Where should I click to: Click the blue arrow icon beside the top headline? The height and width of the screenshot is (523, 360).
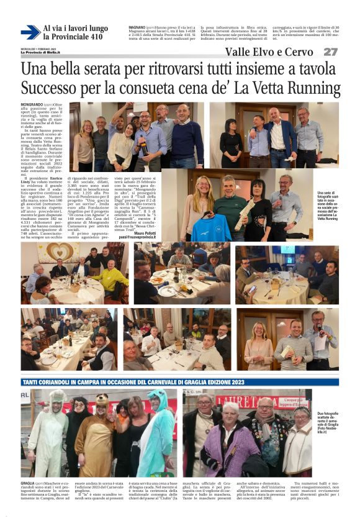pyautogui.click(x=30, y=32)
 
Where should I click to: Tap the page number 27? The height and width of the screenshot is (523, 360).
pyautogui.click(x=330, y=52)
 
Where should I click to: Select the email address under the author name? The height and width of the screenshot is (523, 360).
pyautogui.click(x=142, y=237)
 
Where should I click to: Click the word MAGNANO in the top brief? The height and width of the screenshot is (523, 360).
pyautogui.click(x=138, y=29)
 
